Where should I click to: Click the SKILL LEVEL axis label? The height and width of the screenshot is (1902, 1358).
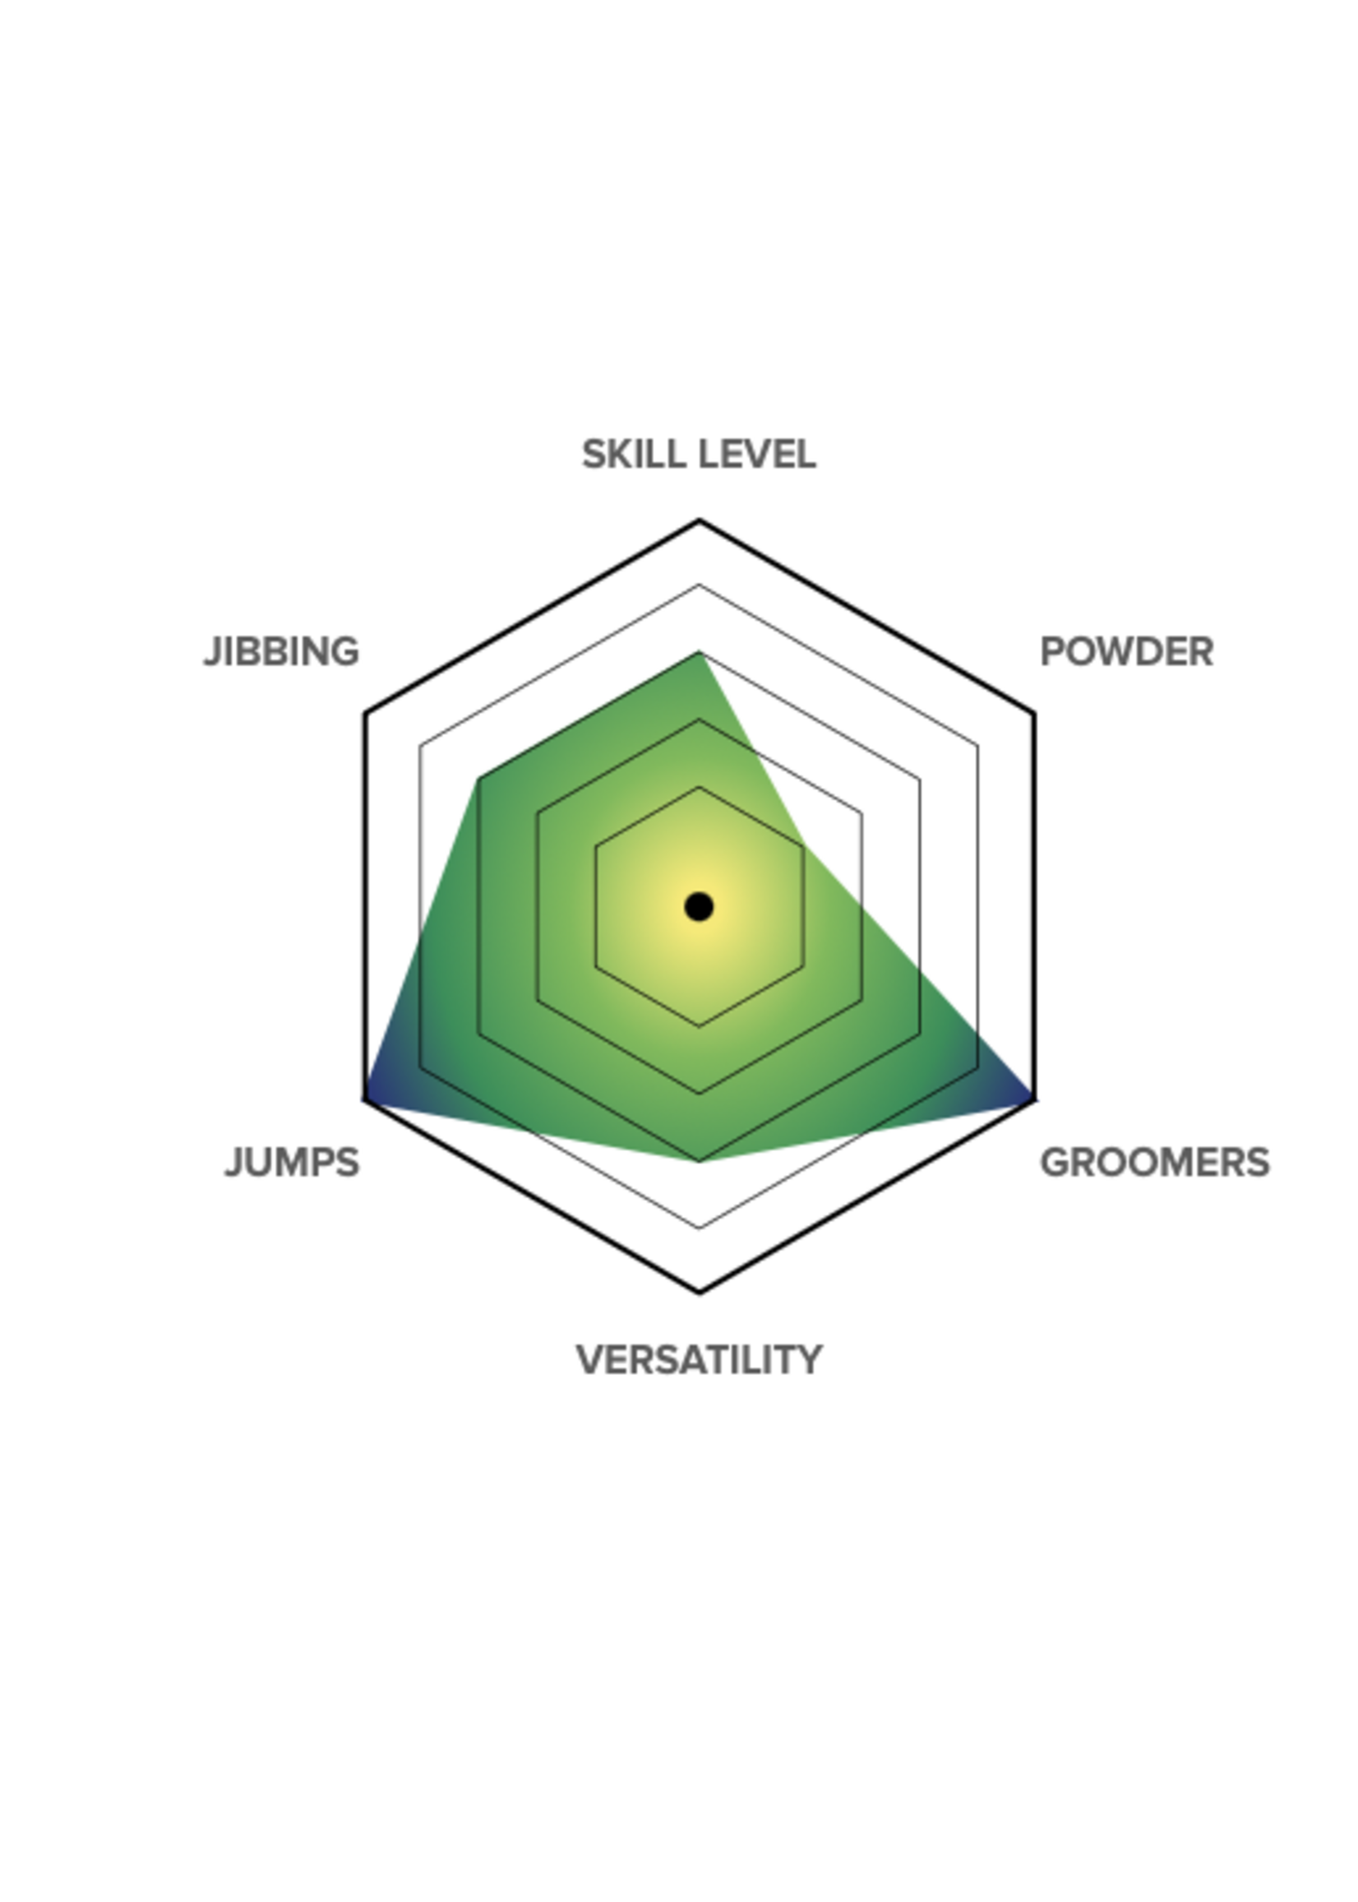pyautogui.click(x=698, y=455)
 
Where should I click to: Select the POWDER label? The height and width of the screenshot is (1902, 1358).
pyautogui.click(x=1126, y=651)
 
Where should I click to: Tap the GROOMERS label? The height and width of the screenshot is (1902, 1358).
pyautogui.click(x=1155, y=1163)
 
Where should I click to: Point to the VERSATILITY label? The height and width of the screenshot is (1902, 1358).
pyautogui.click(x=699, y=1360)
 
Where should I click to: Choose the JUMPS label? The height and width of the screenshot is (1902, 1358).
pyautogui.click(x=292, y=1163)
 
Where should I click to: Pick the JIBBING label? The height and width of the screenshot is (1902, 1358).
pyautogui.click(x=281, y=651)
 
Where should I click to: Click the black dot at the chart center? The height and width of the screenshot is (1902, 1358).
pyautogui.click(x=699, y=907)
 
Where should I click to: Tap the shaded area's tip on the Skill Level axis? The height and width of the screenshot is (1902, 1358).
pyautogui.click(x=699, y=651)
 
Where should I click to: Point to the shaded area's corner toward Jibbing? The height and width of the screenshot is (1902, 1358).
pyautogui.click(x=479, y=780)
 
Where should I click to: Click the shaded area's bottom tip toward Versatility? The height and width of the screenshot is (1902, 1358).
pyautogui.click(x=699, y=1161)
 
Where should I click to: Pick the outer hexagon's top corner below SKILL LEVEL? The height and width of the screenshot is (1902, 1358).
pyautogui.click(x=699, y=521)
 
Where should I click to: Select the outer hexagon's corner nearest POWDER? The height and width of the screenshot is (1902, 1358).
pyautogui.click(x=1033, y=714)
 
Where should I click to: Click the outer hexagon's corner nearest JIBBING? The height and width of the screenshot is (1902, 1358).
pyautogui.click(x=366, y=714)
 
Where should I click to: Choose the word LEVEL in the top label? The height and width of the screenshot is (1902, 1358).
pyautogui.click(x=756, y=455)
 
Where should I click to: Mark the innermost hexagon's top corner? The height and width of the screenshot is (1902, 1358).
pyautogui.click(x=699, y=787)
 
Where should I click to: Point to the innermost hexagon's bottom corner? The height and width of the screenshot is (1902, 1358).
pyautogui.click(x=699, y=1026)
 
